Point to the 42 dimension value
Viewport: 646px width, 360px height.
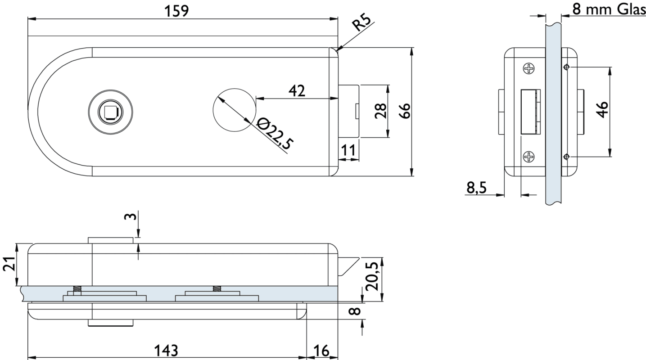[297, 90]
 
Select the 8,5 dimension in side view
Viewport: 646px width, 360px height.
[476, 188]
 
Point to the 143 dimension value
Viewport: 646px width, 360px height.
[166, 350]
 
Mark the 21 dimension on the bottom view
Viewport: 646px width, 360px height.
[9, 265]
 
